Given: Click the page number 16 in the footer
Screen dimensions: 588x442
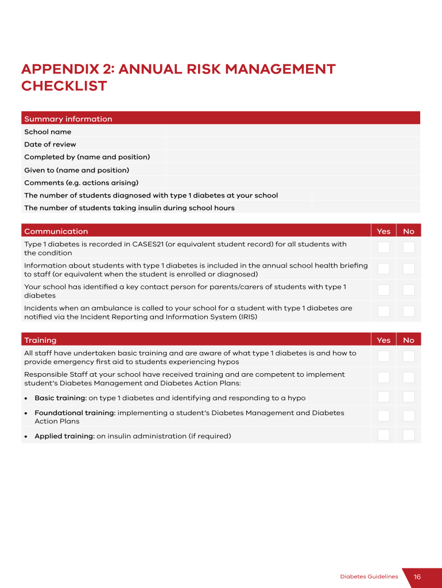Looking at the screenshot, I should point(417,577).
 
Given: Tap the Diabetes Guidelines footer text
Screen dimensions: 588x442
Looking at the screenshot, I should point(369,577).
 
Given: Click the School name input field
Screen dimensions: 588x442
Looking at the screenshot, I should point(293,131).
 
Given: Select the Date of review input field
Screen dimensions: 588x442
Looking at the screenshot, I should point(293,144).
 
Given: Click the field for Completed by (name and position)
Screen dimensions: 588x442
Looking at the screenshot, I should point(293,157).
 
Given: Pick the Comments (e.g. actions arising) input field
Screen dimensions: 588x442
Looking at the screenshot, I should point(293,183).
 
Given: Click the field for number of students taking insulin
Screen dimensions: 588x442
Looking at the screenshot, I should point(366,208).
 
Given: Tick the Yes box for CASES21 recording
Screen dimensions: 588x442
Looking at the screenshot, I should point(383,247).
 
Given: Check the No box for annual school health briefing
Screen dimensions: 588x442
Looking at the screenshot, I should point(409,269).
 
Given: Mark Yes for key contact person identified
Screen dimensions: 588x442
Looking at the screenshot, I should point(383,290).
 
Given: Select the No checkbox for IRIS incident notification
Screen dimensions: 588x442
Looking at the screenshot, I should point(409,311).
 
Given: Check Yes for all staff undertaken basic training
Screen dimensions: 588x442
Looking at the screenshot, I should point(383,357).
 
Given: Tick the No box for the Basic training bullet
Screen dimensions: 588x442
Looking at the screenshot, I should point(409,397).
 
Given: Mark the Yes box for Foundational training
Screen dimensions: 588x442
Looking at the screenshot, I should point(383,416).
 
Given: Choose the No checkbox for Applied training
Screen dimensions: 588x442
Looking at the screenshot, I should point(409,435).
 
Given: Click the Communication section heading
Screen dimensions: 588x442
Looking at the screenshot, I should point(56,231).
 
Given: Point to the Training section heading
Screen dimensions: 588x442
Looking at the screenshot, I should point(40,341).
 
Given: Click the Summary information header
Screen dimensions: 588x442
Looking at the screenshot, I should point(68,119).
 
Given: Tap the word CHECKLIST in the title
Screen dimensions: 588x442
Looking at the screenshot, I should point(64,86).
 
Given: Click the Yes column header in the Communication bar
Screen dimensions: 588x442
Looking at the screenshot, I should point(383,231).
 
